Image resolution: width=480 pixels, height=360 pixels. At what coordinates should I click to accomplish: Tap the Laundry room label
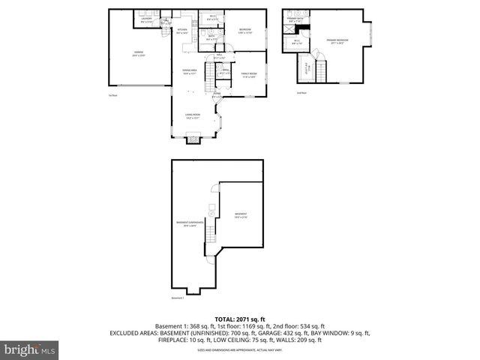146,22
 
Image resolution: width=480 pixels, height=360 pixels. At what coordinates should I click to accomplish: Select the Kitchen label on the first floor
182,31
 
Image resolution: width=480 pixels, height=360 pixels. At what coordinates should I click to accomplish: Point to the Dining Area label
189,72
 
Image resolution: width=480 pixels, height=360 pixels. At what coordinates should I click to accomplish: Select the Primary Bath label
295,20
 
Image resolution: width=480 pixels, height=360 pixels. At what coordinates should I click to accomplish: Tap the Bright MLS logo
30,349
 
